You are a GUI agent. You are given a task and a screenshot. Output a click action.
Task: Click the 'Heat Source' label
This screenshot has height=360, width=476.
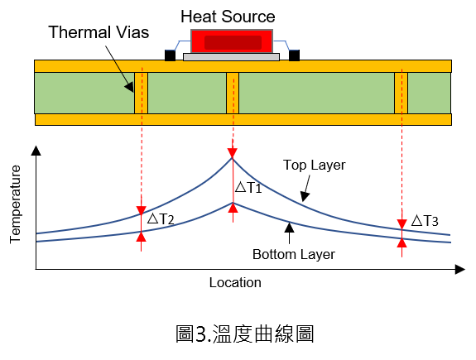(228, 17)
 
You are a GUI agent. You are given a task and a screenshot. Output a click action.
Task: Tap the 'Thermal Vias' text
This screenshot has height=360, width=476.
(99, 32)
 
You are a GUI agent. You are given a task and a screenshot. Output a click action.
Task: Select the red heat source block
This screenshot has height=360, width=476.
(232, 41)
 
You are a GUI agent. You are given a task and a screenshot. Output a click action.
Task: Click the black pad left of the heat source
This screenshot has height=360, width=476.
(170, 55)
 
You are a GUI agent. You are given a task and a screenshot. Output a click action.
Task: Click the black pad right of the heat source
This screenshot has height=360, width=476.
(294, 55)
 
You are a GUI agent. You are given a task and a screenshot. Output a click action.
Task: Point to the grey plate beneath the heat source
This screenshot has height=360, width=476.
(231, 57)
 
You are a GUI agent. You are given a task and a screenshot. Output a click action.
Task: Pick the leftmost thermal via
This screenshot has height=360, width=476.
(142, 93)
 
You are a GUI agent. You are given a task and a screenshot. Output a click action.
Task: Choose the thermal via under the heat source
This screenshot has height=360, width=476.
(233, 93)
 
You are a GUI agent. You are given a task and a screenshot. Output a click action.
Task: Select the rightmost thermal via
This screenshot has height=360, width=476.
(401, 93)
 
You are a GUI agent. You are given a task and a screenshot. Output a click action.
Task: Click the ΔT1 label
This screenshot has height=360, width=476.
(248, 187)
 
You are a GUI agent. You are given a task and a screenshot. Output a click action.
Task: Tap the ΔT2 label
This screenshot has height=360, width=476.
(161, 218)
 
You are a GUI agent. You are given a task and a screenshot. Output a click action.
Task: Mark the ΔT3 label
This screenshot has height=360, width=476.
(425, 221)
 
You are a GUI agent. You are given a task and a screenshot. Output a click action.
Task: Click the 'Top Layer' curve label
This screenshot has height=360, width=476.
(315, 166)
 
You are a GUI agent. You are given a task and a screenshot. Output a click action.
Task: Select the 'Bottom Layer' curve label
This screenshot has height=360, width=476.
(294, 254)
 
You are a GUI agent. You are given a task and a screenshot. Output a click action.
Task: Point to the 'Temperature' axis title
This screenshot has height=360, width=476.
(15, 204)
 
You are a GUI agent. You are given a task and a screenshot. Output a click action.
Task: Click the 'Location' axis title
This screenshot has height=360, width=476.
(235, 282)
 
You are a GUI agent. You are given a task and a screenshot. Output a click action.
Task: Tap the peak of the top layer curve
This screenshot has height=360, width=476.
(233, 158)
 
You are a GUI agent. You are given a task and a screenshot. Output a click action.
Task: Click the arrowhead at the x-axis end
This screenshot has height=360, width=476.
(460, 269)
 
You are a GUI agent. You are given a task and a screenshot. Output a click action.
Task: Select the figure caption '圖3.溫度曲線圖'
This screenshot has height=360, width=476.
(245, 334)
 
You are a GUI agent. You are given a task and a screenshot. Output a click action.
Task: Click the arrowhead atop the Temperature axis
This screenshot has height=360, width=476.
(36, 151)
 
